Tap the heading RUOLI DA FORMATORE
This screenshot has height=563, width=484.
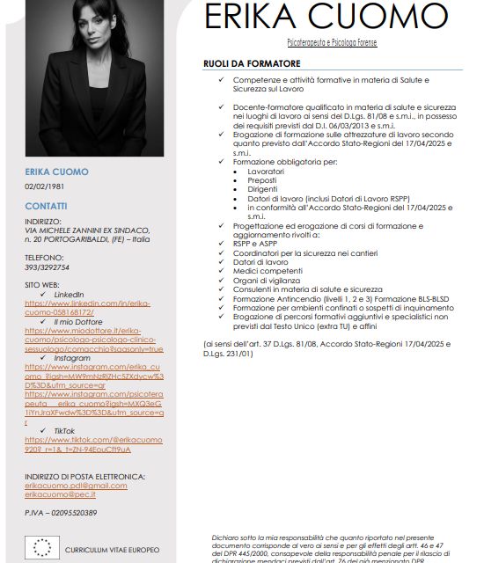(x=252, y=64)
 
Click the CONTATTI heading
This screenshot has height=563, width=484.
(x=46, y=206)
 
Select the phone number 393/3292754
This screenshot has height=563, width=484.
(x=48, y=267)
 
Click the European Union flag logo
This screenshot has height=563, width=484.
(x=43, y=547)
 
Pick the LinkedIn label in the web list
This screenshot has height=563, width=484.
(x=69, y=294)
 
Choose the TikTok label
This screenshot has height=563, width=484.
(x=63, y=430)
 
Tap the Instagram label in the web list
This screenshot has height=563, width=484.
(x=72, y=358)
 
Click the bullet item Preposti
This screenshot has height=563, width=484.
(x=264, y=180)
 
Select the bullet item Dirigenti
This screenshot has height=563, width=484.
(x=263, y=189)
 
